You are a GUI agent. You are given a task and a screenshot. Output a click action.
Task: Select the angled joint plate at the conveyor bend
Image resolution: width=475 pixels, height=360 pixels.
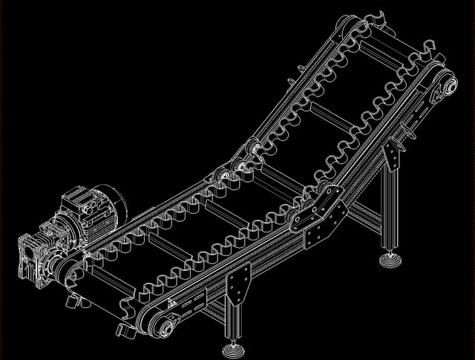[319, 216]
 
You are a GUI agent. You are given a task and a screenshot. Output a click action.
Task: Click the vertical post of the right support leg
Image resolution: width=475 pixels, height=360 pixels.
[388, 215]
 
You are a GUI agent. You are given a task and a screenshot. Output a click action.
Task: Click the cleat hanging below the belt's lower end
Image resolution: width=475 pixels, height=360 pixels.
[122, 330]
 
